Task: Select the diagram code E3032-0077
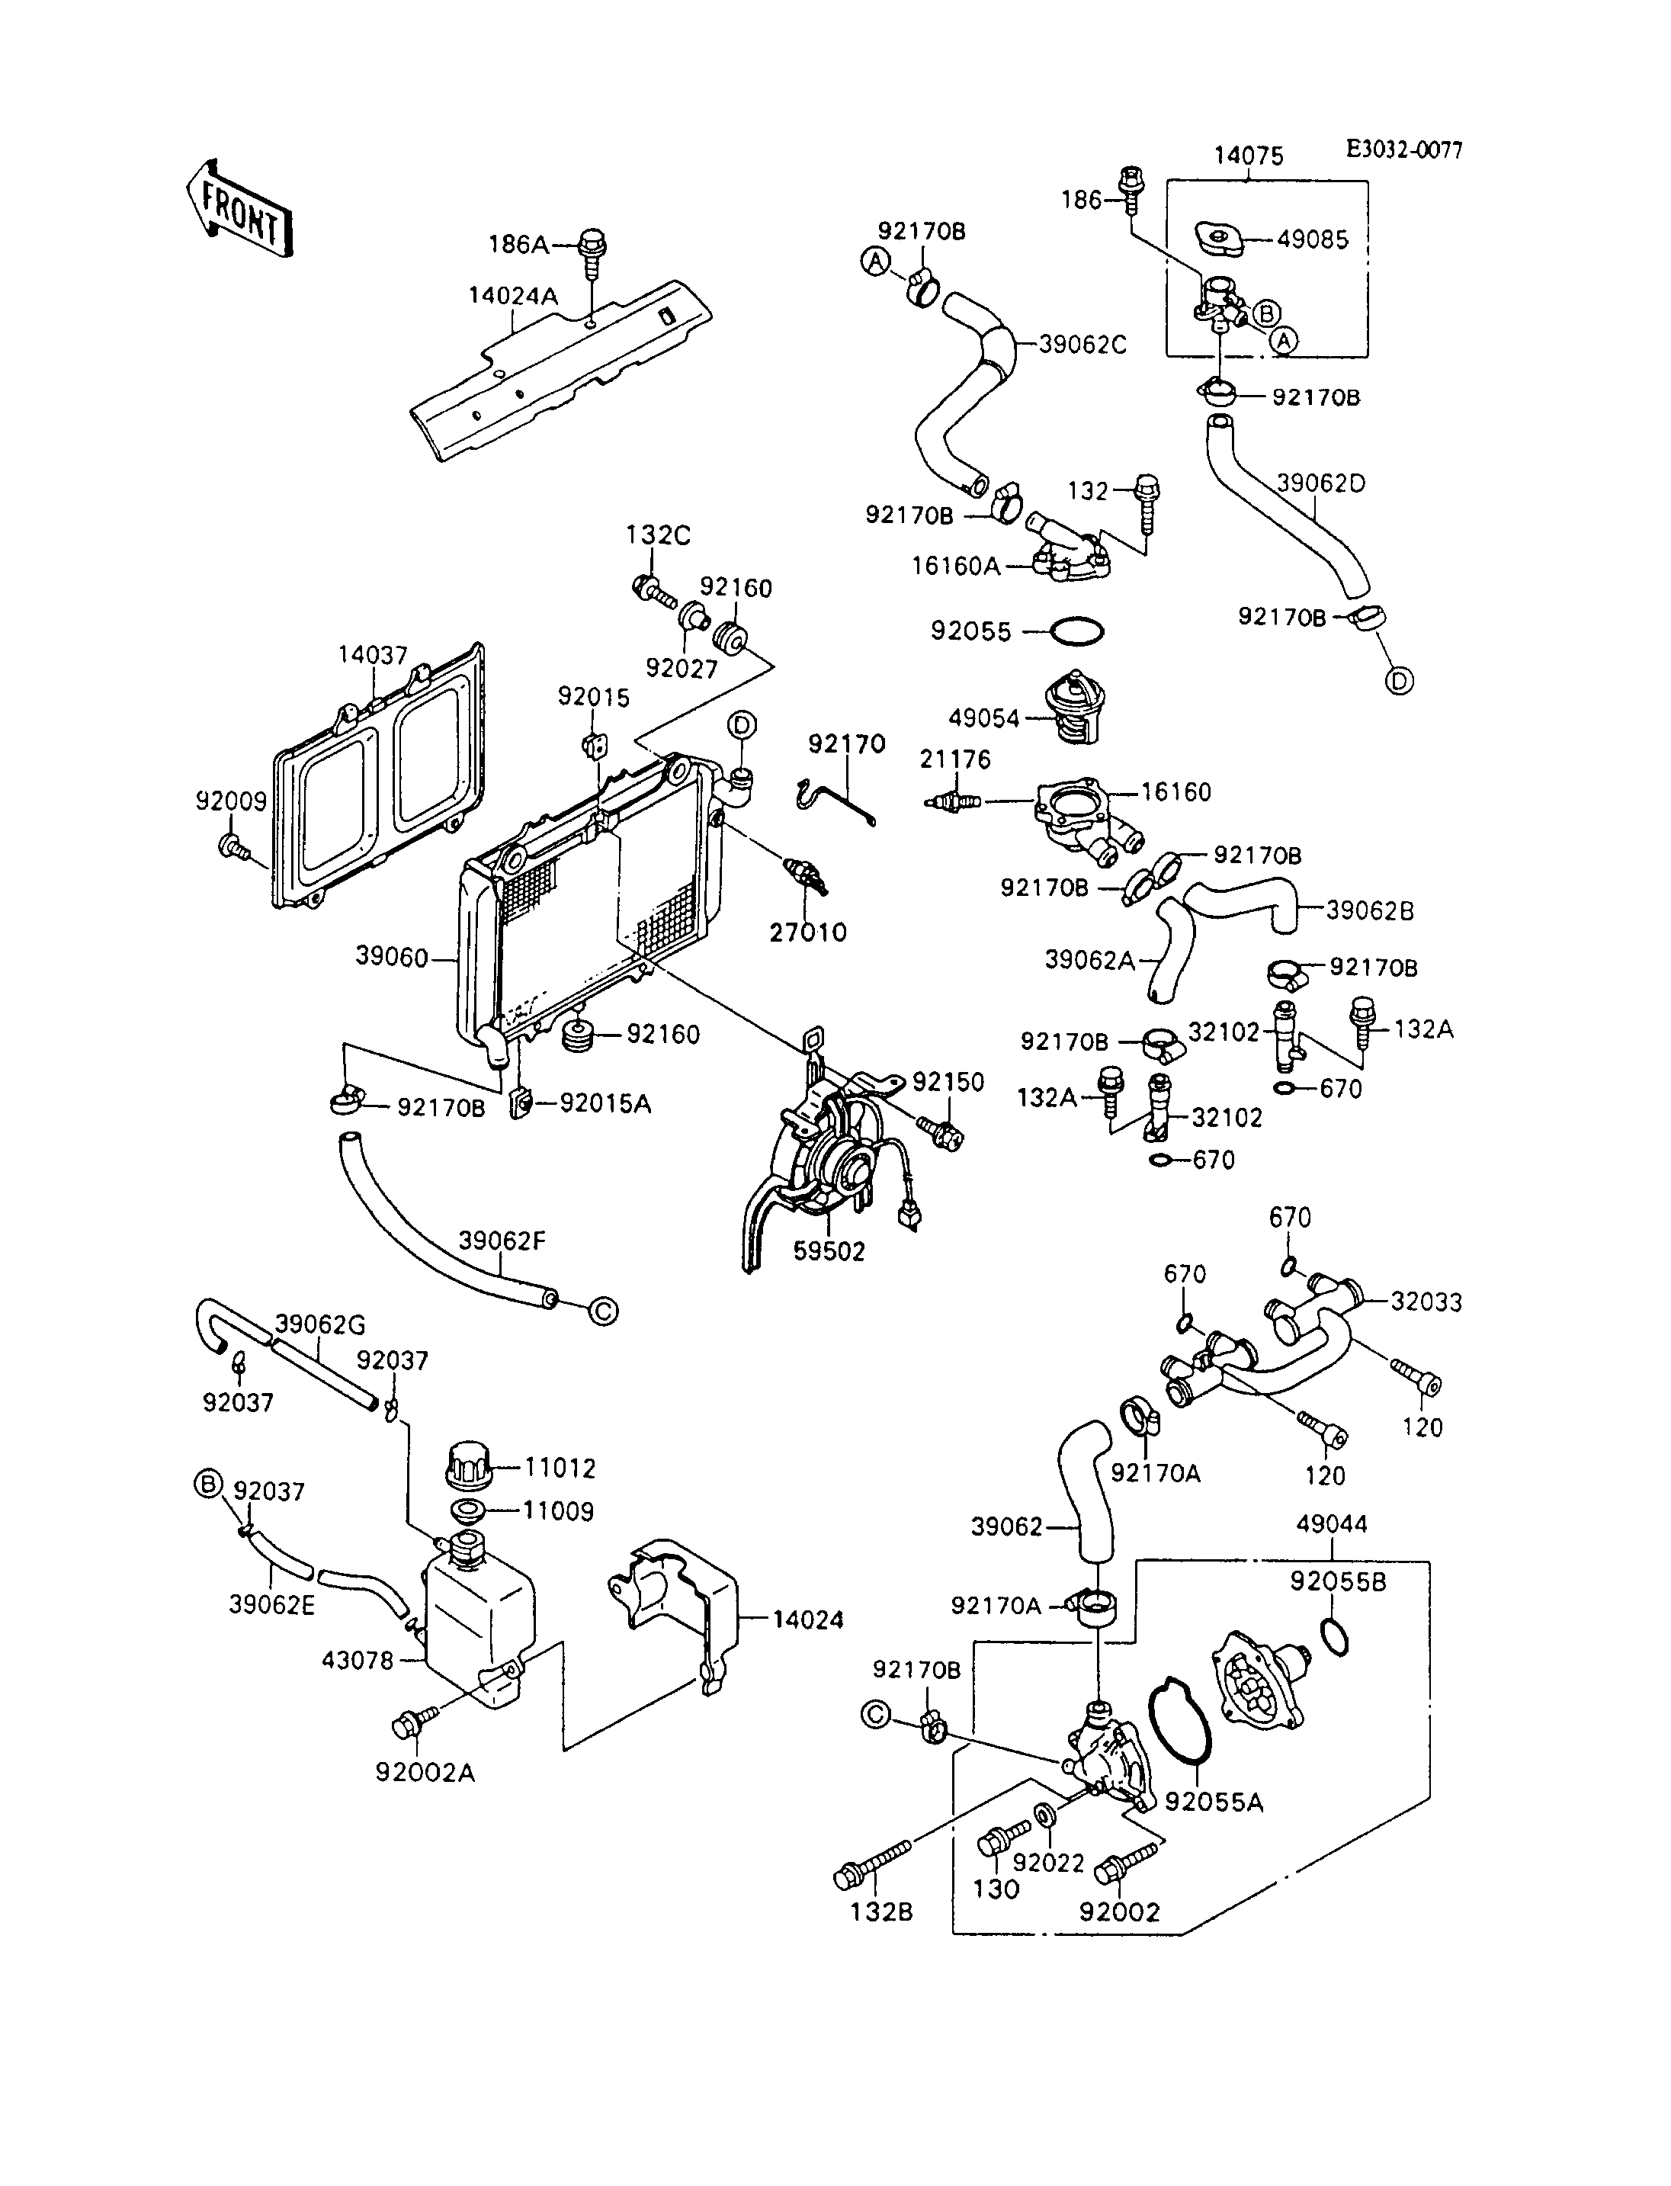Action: tap(1404, 150)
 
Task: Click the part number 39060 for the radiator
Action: tap(392, 957)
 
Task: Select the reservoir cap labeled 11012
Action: tap(471, 1465)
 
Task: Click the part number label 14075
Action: tap(1249, 156)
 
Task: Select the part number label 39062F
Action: tap(502, 1241)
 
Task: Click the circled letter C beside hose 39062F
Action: tap(603, 1311)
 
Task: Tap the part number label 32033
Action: tap(1426, 1302)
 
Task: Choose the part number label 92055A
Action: tap(1214, 1802)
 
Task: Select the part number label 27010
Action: tap(807, 933)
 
